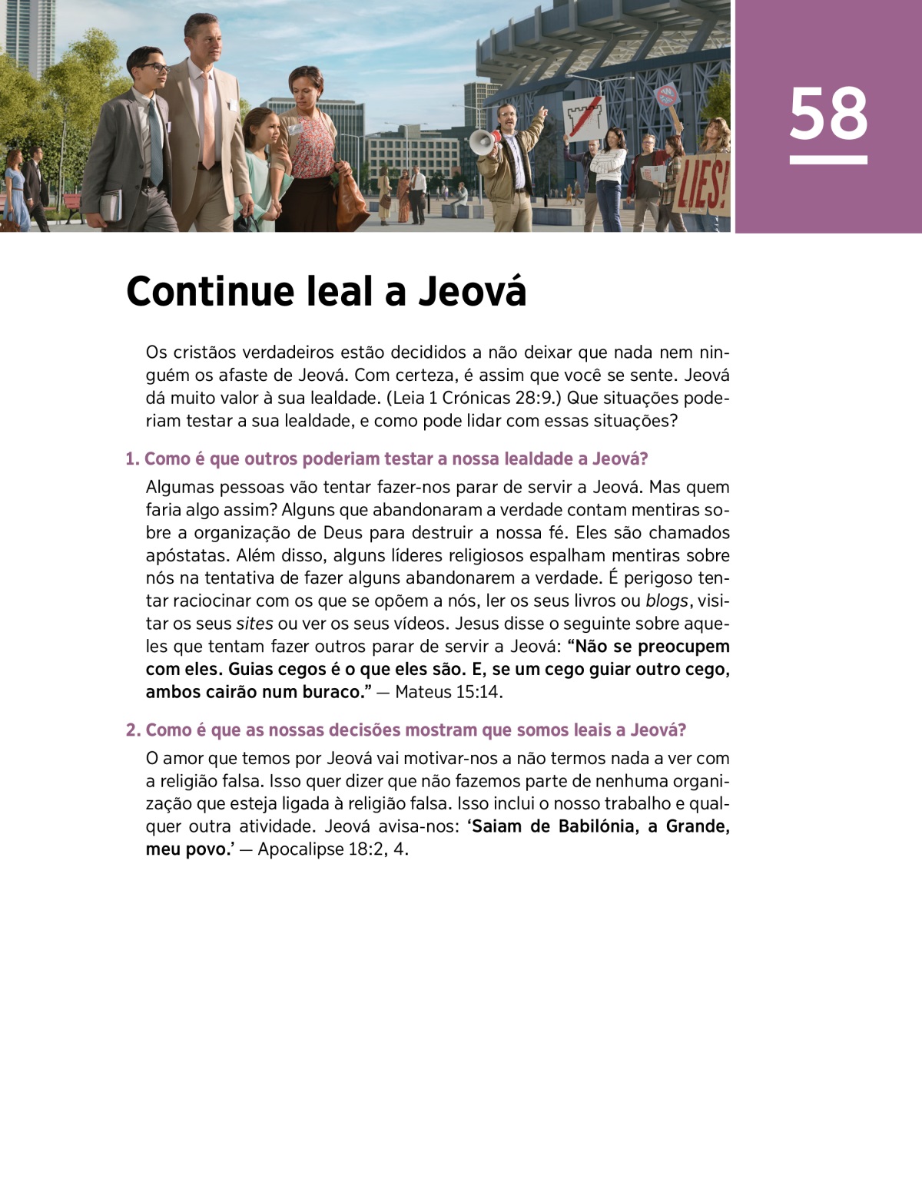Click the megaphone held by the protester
coord(483,141)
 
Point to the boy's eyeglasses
coord(154,68)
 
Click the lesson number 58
coord(827,114)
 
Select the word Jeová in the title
coord(472,292)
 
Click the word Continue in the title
coord(210,292)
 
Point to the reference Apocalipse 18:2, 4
coord(333,849)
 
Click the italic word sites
coord(254,624)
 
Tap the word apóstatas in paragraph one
coord(184,555)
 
